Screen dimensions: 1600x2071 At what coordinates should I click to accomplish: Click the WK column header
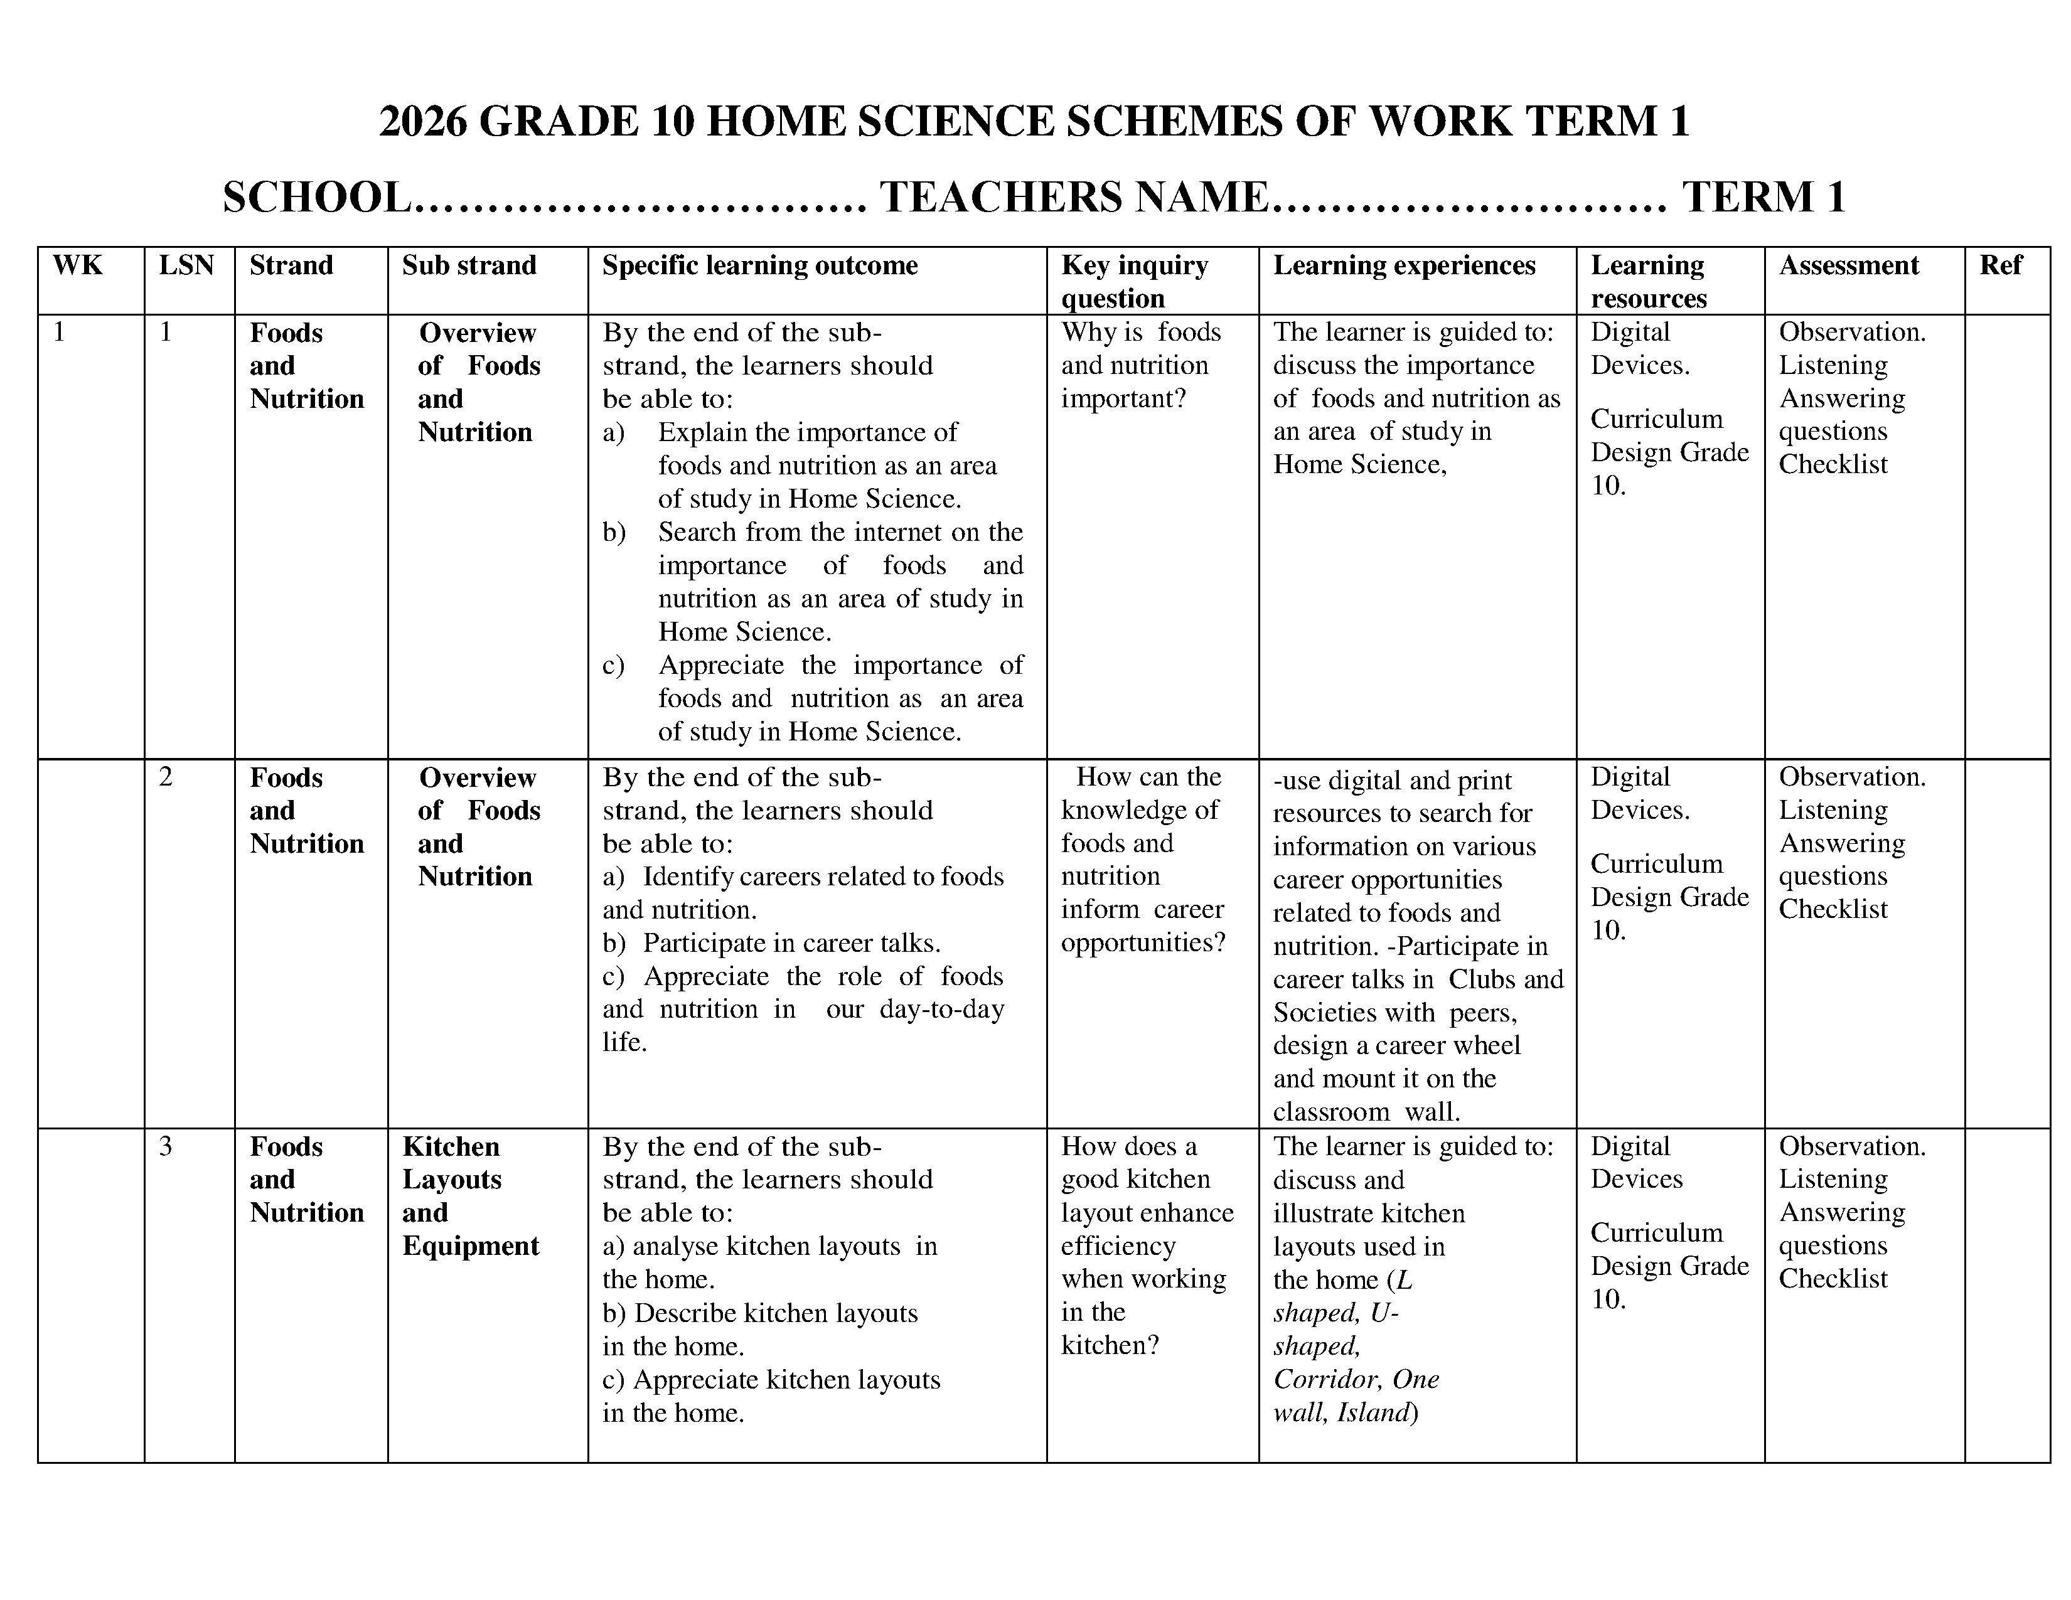[x=78, y=265]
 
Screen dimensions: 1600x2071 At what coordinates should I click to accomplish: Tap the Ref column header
[x=2001, y=265]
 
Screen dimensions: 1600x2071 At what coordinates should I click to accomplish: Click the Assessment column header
[x=1848, y=265]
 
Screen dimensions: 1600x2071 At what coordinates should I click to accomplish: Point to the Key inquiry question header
[x=1134, y=282]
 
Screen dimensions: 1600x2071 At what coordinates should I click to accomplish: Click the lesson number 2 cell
[x=166, y=777]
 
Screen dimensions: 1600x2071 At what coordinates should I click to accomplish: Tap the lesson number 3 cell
[x=166, y=1147]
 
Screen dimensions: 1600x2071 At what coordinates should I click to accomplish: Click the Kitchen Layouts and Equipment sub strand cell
[x=470, y=1196]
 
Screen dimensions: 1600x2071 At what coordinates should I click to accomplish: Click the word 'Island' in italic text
[x=1375, y=1413]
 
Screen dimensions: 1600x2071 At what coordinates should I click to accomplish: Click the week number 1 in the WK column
[x=60, y=333]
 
